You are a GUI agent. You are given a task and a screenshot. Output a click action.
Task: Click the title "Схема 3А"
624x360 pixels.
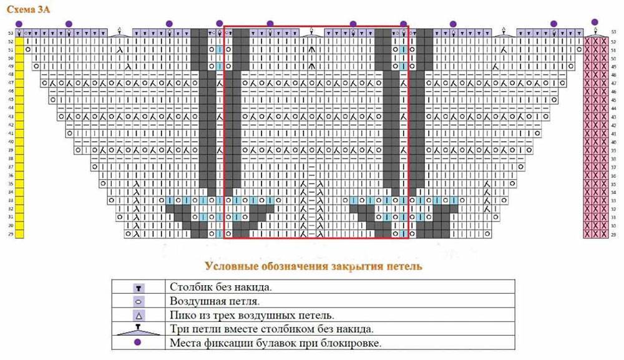pyautogui.click(x=26, y=8)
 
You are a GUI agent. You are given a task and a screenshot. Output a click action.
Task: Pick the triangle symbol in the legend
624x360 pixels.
pyautogui.click(x=139, y=314)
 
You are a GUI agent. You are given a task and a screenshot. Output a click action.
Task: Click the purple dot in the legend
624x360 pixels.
pyautogui.click(x=139, y=343)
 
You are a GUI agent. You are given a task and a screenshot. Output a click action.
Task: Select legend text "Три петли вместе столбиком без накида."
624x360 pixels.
pyautogui.click(x=271, y=328)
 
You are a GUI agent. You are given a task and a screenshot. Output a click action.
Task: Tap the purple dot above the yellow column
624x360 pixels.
pyautogui.click(x=19, y=24)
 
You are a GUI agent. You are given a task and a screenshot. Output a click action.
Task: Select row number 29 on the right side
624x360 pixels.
pyautogui.click(x=614, y=235)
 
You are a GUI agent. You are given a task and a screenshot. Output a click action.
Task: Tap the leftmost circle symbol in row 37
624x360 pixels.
pyautogui.click(x=94, y=167)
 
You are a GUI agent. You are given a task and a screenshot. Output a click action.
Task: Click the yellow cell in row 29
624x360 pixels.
pyautogui.click(x=19, y=235)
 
